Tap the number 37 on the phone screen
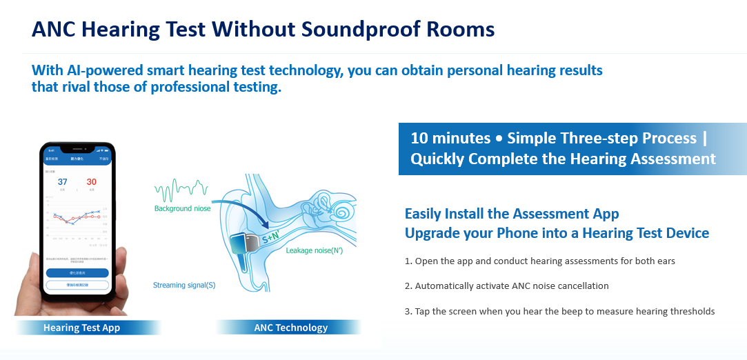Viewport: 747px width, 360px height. click(x=62, y=182)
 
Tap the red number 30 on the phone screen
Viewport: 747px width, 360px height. click(x=91, y=182)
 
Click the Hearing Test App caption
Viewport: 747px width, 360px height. click(x=81, y=328)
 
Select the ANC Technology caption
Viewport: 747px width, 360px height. click(x=290, y=328)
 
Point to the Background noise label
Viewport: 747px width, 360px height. click(x=183, y=208)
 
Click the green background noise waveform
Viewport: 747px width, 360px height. click(x=181, y=188)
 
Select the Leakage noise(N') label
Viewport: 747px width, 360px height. click(x=314, y=251)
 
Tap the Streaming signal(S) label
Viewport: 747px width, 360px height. click(x=183, y=284)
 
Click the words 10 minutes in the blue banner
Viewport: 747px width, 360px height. click(x=450, y=138)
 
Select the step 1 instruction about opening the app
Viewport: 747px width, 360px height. click(x=539, y=261)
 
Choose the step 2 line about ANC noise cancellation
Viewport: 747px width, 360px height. click(x=506, y=286)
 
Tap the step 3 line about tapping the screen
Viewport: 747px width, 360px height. click(x=559, y=311)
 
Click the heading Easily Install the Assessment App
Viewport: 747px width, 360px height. click(x=512, y=213)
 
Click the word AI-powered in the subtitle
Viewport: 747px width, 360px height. click(x=101, y=70)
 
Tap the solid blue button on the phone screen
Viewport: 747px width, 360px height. click(x=77, y=272)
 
